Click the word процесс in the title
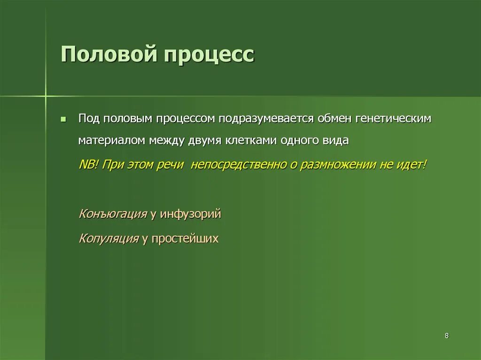pyautogui.click(x=209, y=55)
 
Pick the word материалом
pyautogui.click(x=113, y=141)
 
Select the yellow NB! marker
pyautogui.click(x=88, y=165)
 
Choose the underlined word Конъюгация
pyautogui.click(x=113, y=214)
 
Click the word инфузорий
pyautogui.click(x=190, y=214)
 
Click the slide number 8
pyautogui.click(x=446, y=336)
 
